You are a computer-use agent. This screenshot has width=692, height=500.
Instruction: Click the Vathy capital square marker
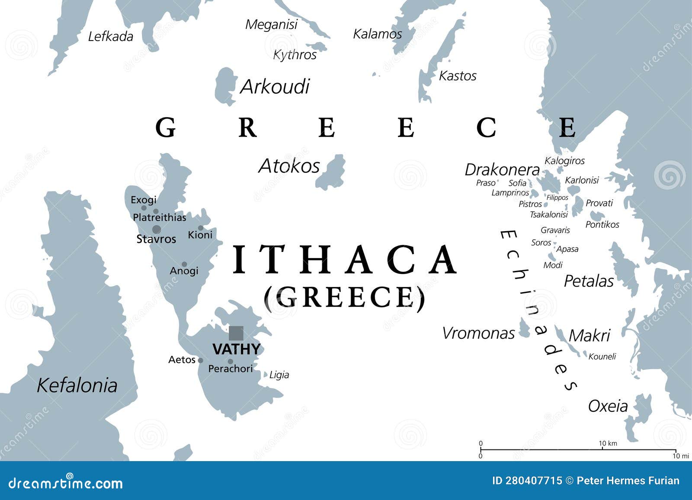(x=236, y=333)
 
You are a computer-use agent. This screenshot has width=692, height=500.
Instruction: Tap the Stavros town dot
(x=157, y=229)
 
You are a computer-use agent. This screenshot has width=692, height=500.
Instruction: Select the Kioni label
(x=200, y=235)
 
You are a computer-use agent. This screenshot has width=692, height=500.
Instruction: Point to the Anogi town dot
(x=184, y=264)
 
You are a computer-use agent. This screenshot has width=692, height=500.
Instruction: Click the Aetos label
(x=182, y=360)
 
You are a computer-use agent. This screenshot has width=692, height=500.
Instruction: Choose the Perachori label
(x=231, y=369)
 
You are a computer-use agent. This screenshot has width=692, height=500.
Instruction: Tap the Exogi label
(x=144, y=200)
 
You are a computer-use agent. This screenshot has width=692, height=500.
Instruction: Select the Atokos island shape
(x=332, y=172)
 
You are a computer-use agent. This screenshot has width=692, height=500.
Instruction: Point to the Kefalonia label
(x=77, y=385)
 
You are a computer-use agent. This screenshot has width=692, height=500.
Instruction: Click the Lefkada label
(x=110, y=37)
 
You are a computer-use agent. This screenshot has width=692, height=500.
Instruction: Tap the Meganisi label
(x=271, y=25)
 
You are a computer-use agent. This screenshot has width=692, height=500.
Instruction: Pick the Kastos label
(x=458, y=76)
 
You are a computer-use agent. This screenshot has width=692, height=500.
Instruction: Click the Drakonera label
(x=502, y=169)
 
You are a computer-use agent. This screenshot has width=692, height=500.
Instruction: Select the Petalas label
(x=589, y=281)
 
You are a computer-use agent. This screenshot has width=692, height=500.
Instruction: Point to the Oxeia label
(x=608, y=406)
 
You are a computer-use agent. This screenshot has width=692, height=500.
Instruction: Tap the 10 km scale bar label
(x=608, y=443)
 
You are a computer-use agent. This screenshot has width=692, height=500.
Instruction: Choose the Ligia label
(x=279, y=375)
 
